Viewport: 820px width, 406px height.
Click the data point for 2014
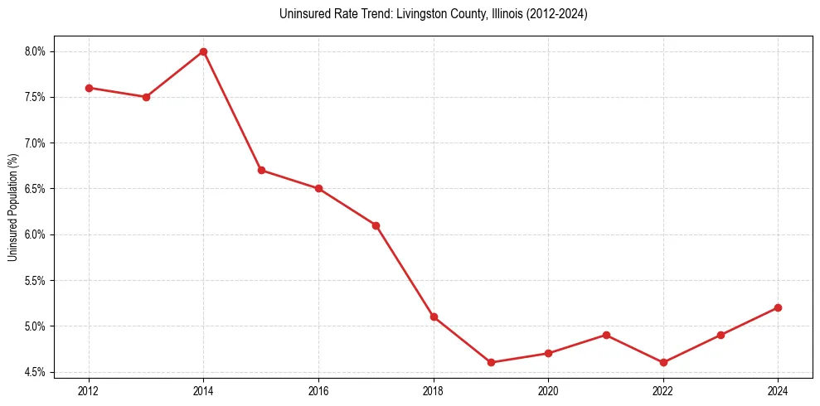tap(203, 51)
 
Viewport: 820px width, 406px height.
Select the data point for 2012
tap(89, 88)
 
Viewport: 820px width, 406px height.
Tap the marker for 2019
tap(491, 362)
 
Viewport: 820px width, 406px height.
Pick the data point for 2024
tap(778, 307)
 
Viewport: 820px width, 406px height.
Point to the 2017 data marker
tap(376, 225)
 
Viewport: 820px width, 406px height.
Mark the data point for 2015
tap(261, 170)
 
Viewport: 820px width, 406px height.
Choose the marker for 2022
tap(663, 362)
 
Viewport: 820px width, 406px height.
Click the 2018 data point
tap(434, 317)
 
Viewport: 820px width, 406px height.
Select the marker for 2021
tap(606, 335)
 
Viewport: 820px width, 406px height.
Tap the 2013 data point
tap(146, 97)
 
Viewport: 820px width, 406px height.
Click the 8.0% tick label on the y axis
tap(36, 51)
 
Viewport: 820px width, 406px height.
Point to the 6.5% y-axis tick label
tap(36, 189)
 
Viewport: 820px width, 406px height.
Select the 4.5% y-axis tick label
tap(36, 372)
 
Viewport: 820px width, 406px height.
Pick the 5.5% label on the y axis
tap(36, 280)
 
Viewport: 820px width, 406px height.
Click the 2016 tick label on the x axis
tap(318, 390)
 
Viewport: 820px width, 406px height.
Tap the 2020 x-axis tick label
tap(548, 390)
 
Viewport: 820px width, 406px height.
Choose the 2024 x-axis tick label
tap(778, 390)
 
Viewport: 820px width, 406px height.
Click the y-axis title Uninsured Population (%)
tap(12, 207)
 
